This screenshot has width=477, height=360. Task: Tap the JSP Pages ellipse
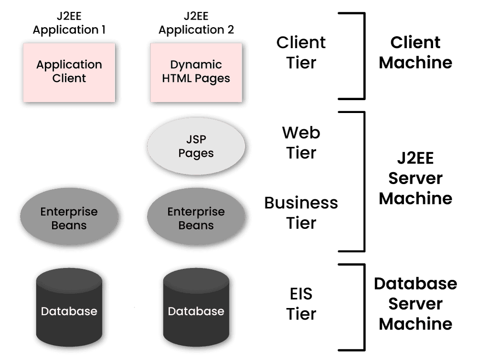coord(196,147)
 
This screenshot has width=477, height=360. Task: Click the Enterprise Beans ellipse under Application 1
coord(69,218)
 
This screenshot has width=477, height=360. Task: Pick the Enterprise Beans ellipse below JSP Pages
coord(196,218)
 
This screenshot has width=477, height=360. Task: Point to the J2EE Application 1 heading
coord(69,23)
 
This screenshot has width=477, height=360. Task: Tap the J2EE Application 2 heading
coord(196,23)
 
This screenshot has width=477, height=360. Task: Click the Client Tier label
coord(301,52)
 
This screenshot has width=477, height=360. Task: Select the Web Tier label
coord(301,143)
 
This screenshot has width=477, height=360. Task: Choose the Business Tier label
coord(301,213)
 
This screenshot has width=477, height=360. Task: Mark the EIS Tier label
coord(301,304)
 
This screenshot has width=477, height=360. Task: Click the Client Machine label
coord(415,52)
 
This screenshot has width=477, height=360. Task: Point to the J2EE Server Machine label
coord(415,178)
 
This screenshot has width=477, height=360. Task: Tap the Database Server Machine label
coord(415,304)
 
